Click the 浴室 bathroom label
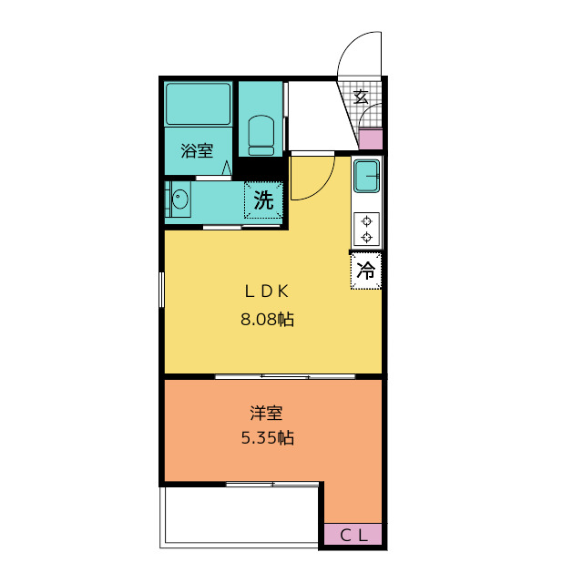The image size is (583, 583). [x=197, y=150]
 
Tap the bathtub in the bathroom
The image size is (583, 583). [x=199, y=104]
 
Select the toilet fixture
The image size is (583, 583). [x=261, y=136]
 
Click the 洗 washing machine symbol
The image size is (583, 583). [x=263, y=200]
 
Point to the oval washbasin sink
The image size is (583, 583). [x=180, y=199]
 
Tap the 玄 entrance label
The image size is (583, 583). [x=361, y=97]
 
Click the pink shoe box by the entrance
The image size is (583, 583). [x=371, y=139]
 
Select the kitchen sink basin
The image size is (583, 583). [x=366, y=176]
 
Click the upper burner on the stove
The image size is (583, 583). [x=367, y=221]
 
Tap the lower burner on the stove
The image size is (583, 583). [x=367, y=237]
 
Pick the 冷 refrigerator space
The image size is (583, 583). [x=366, y=271]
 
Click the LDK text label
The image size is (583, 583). [x=267, y=291]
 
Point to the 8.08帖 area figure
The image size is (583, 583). [x=267, y=320]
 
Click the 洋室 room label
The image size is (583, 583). [x=266, y=414]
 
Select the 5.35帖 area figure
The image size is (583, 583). [x=267, y=438]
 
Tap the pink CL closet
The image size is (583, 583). [x=353, y=535]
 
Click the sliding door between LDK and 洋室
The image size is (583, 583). [x=285, y=376]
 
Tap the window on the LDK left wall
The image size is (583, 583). [x=161, y=290]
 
